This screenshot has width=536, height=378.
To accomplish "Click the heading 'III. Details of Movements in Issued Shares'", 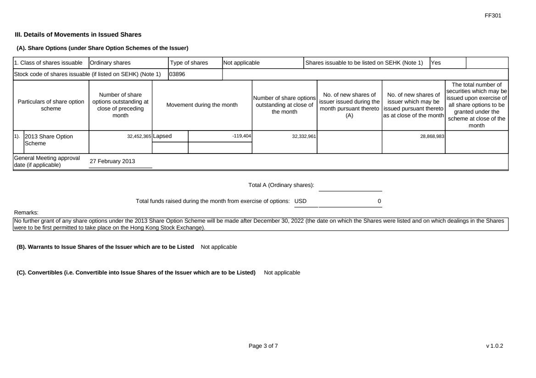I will click(x=78, y=34).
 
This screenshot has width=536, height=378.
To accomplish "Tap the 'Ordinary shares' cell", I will click(x=110, y=63).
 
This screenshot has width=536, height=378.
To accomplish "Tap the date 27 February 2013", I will click(x=112, y=161).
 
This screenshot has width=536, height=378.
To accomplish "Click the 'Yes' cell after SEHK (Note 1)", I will click(x=435, y=63).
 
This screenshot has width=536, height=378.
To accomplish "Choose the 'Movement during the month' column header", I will click(x=202, y=105).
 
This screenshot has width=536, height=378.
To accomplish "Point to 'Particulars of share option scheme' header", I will click(x=51, y=105).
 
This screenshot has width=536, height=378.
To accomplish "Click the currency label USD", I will click(x=301, y=201).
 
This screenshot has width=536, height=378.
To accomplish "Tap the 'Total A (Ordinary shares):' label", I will click(x=281, y=185).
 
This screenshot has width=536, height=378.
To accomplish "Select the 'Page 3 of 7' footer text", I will click(x=263, y=346).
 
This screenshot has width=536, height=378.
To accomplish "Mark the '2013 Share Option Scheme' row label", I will click(x=48, y=140).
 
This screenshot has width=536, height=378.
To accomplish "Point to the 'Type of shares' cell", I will click(x=189, y=63).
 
